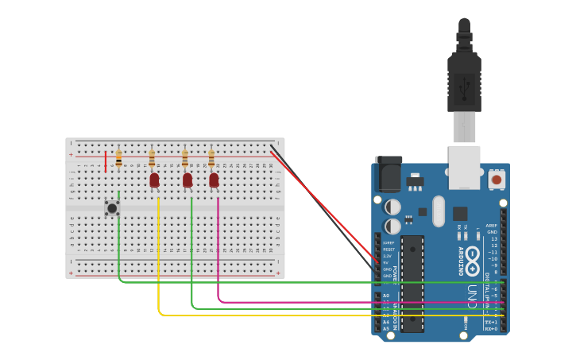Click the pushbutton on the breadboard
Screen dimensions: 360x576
tap(112, 208)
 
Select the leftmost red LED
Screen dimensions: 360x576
tap(154, 180)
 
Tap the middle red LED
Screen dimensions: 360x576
tap(187, 180)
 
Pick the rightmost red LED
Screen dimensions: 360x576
tap(214, 180)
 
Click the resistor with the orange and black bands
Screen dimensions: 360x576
tap(119, 159)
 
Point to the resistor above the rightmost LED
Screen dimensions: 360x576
tap(211, 158)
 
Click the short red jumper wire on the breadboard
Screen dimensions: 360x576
tap(105, 161)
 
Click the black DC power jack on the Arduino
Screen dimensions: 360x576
tap(389, 174)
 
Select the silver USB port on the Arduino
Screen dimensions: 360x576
tap(464, 168)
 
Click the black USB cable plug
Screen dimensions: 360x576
tap(464, 79)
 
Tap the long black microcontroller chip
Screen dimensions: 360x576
tap(412, 283)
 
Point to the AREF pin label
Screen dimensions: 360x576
tap(492, 226)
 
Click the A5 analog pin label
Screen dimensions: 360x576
tap(386, 328)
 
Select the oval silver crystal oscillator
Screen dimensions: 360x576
tap(439, 211)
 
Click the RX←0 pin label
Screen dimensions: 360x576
tap(491, 329)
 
